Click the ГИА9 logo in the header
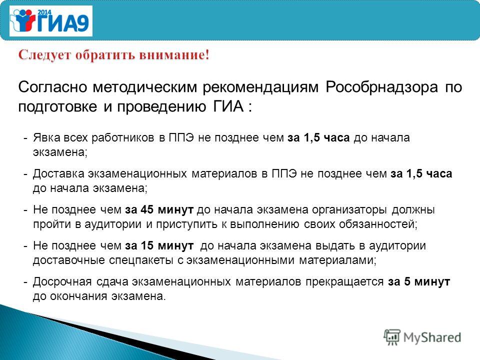point(51,21)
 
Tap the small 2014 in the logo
point(44,12)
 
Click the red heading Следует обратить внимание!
point(114,55)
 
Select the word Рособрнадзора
point(381,87)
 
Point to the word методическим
point(145,87)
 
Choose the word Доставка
point(58,174)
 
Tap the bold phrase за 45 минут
point(159,210)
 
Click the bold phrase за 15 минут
point(159,246)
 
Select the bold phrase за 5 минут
point(419,282)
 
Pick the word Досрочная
point(62,282)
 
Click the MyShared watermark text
point(432,337)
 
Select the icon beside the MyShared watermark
point(392,337)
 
